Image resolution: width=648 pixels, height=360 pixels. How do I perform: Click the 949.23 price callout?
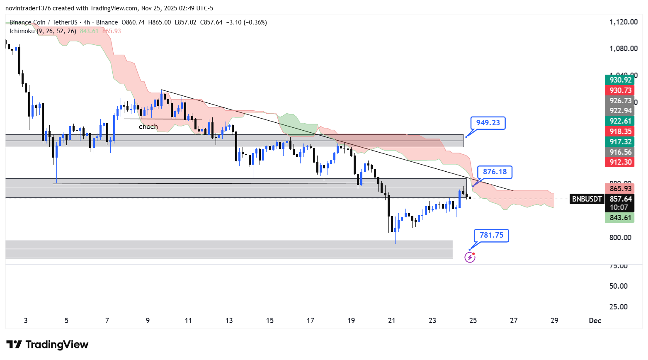(x=488, y=123)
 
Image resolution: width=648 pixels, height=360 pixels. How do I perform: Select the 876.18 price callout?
(x=495, y=172)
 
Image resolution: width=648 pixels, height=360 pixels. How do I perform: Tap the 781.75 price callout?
(x=491, y=235)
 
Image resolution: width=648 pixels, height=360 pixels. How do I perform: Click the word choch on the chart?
(x=148, y=126)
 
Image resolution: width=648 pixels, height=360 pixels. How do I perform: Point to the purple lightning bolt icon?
(x=470, y=257)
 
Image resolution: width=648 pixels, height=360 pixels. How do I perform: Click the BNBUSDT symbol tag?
(x=587, y=199)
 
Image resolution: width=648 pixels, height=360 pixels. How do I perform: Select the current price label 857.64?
(x=620, y=199)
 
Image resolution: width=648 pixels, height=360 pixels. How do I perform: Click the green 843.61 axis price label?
(x=620, y=218)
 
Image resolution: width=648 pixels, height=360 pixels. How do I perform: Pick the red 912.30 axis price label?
(x=620, y=162)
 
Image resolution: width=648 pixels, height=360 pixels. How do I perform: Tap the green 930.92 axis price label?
(x=620, y=80)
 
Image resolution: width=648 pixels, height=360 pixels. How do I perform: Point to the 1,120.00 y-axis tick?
(x=623, y=22)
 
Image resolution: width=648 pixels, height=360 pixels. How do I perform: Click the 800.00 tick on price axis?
(x=620, y=238)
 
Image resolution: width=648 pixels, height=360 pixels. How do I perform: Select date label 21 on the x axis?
(x=391, y=320)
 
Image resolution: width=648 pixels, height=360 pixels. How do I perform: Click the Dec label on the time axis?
(x=595, y=320)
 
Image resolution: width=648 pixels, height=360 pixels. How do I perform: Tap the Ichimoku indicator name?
(x=22, y=31)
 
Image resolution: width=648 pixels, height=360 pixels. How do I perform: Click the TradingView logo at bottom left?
(x=48, y=344)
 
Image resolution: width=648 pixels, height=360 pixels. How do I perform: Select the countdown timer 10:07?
(x=619, y=207)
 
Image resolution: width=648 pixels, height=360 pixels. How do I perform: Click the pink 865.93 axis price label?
(x=620, y=189)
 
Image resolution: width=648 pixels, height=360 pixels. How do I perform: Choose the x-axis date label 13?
(x=229, y=320)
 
